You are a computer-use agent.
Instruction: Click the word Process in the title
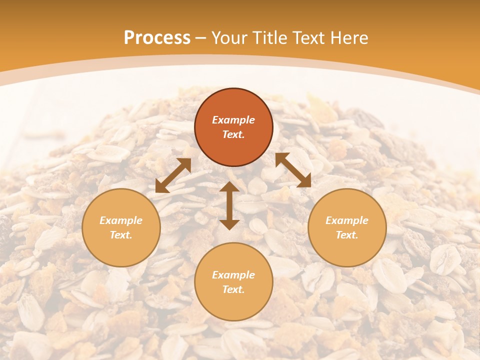[x=157, y=38]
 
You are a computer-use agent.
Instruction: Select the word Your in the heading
[x=230, y=38]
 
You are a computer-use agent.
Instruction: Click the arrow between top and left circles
[x=173, y=175]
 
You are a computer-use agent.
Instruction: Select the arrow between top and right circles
[x=293, y=170]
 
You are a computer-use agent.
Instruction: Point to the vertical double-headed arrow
[x=229, y=205]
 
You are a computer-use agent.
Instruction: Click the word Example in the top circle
[x=233, y=120]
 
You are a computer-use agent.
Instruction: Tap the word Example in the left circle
[x=121, y=220]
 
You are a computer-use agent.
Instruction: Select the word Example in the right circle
[x=347, y=220]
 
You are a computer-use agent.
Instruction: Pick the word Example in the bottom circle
[x=233, y=275]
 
